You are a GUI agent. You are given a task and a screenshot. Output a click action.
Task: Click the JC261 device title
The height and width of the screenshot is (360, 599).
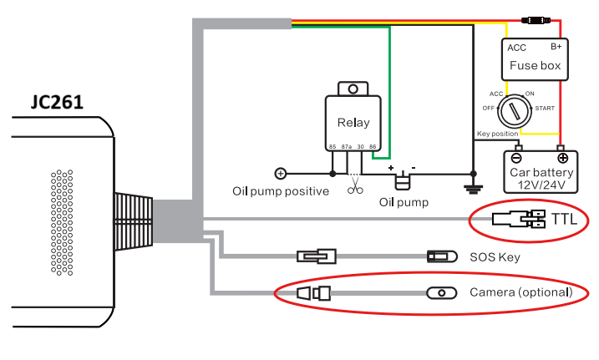(x=57, y=102)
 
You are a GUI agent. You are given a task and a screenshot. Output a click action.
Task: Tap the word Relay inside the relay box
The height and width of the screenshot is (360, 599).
(x=353, y=123)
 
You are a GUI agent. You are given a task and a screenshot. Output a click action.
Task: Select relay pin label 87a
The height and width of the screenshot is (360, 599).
(x=347, y=147)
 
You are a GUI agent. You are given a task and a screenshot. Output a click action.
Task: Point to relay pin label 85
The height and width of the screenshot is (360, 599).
(x=332, y=147)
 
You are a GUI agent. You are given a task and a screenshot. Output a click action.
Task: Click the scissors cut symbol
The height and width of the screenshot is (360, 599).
(x=355, y=186)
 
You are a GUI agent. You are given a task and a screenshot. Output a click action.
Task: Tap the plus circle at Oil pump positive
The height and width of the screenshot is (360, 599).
(x=281, y=174)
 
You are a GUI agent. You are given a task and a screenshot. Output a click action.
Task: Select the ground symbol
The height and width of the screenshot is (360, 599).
(x=474, y=189)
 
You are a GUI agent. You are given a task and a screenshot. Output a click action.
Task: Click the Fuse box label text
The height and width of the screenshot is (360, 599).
(x=536, y=65)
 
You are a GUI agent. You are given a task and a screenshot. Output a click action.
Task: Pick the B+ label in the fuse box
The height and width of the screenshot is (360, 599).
(x=556, y=47)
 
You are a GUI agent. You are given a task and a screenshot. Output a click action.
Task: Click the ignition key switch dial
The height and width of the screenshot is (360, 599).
(x=515, y=111)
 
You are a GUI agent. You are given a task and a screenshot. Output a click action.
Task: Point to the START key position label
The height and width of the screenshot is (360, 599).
(x=545, y=109)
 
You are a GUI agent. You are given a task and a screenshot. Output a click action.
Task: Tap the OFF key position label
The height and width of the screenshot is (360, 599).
(x=488, y=109)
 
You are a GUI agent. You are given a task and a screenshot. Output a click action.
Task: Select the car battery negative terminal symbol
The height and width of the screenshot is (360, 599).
(x=516, y=158)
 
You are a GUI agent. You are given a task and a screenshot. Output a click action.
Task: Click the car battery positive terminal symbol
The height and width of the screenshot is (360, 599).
(x=563, y=158)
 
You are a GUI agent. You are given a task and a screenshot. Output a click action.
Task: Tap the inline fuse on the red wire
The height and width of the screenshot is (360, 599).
(x=536, y=20)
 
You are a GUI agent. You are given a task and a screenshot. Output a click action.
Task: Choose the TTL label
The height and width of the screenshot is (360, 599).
(x=564, y=220)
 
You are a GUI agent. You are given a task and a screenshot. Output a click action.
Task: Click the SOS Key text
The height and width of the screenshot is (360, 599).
(x=495, y=257)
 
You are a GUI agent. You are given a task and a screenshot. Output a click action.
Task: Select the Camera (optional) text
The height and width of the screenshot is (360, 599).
(x=521, y=292)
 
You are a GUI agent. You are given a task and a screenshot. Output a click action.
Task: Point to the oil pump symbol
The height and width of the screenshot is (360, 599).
(x=403, y=180)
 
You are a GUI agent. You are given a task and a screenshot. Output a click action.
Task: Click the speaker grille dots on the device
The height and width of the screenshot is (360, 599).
(x=62, y=222)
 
